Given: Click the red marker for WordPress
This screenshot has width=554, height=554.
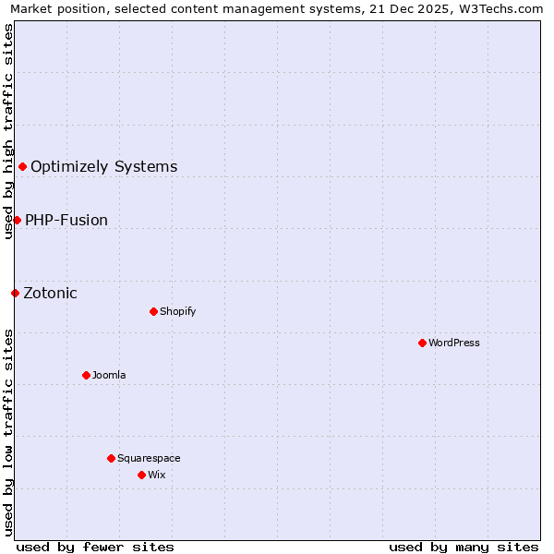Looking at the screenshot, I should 422,343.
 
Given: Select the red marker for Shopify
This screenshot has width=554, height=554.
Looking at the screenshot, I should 153,311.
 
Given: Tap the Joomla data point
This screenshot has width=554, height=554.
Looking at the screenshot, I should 86,375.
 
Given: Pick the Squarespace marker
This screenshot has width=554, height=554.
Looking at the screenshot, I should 111,458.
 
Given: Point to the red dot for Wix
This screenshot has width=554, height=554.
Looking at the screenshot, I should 141,475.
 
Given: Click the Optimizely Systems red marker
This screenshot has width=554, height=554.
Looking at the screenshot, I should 22,166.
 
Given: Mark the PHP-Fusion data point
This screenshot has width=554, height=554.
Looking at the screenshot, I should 17,220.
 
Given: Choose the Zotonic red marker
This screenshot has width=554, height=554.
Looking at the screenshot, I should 15,293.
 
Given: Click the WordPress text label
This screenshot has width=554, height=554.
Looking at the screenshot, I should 454,343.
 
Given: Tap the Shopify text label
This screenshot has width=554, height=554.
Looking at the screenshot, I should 178,311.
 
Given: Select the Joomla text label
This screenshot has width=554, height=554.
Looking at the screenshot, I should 109,375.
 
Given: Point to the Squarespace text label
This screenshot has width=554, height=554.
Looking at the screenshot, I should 149,458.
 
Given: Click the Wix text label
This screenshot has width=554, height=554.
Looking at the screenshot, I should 157,475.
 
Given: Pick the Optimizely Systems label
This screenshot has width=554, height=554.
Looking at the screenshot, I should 104,167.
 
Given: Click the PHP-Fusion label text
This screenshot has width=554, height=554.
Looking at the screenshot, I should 66,221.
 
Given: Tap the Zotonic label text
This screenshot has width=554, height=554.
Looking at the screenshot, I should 51,294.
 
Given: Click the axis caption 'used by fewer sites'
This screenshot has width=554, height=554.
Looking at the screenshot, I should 95,547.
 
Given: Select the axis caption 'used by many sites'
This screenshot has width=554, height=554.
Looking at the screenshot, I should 464,547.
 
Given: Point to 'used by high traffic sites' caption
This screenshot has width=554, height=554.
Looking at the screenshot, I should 8,131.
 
